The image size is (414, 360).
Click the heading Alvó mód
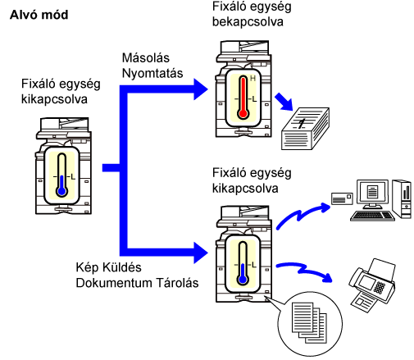coord(39,15)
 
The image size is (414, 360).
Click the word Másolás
coord(146,58)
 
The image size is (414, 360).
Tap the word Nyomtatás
coord(152,73)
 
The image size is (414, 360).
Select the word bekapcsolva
coord(248,21)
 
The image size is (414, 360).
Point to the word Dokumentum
coord(113,283)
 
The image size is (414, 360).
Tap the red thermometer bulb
coord(243,113)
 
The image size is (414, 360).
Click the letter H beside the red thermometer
coord(252,79)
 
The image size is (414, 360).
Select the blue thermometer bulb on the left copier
coord(62,191)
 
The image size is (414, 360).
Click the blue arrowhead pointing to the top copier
coord(201,89)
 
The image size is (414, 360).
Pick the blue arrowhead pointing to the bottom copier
coord(201,253)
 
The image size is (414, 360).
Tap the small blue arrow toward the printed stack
coord(284,102)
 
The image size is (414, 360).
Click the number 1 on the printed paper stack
coord(301,123)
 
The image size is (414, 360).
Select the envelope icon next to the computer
coord(342,198)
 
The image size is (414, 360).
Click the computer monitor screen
coord(372,192)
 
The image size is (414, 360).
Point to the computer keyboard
coord(372,216)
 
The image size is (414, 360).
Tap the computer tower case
coord(402,198)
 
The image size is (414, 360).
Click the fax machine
coord(372,285)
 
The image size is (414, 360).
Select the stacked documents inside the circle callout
coord(309,322)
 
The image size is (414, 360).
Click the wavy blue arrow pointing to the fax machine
coord(304,271)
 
